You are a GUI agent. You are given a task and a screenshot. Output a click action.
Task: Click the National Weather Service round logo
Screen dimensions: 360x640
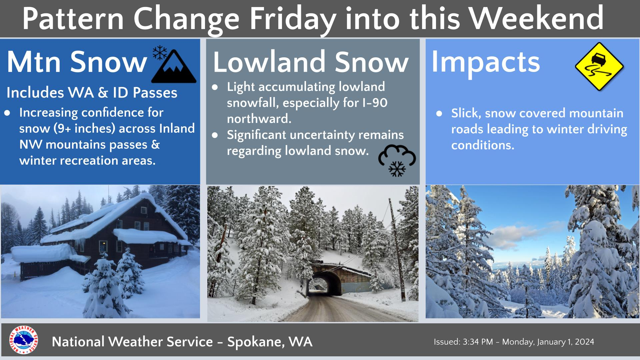(x=24, y=340)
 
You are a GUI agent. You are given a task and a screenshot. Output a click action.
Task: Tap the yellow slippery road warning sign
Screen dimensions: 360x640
(x=599, y=67)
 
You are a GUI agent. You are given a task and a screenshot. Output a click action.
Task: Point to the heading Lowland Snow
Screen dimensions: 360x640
(x=311, y=62)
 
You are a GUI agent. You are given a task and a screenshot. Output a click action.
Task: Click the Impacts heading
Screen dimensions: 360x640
(x=485, y=62)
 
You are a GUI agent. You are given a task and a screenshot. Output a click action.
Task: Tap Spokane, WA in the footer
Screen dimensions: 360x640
(x=270, y=342)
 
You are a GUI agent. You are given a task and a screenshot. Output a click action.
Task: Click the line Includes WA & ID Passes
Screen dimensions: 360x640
(x=92, y=93)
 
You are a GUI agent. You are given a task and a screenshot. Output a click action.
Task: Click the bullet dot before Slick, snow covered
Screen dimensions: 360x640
(x=439, y=114)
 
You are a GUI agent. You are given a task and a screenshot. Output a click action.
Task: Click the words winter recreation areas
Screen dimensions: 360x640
(x=87, y=161)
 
